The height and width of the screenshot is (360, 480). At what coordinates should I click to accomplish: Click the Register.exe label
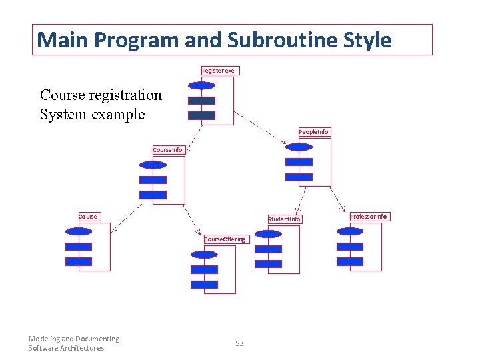[x=219, y=71]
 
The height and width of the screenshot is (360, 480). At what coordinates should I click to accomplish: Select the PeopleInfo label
[x=313, y=132]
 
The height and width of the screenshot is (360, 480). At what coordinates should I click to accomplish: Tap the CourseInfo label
[x=167, y=150]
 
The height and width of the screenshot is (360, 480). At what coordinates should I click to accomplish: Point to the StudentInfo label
[x=285, y=219]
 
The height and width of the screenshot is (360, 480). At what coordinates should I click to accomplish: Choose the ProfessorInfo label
[x=369, y=216]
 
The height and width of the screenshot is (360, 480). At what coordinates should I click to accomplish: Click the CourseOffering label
[x=225, y=239]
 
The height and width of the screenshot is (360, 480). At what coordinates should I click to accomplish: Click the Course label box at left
[x=88, y=216]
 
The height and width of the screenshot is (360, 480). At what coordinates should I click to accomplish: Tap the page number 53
[x=239, y=343]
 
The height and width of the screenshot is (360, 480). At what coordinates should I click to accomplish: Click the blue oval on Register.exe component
[x=201, y=85]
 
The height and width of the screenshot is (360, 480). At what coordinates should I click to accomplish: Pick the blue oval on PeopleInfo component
[x=298, y=147]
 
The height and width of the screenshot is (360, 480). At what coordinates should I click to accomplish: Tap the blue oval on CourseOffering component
[x=203, y=254]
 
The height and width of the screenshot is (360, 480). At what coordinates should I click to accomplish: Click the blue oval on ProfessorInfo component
[x=349, y=232]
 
